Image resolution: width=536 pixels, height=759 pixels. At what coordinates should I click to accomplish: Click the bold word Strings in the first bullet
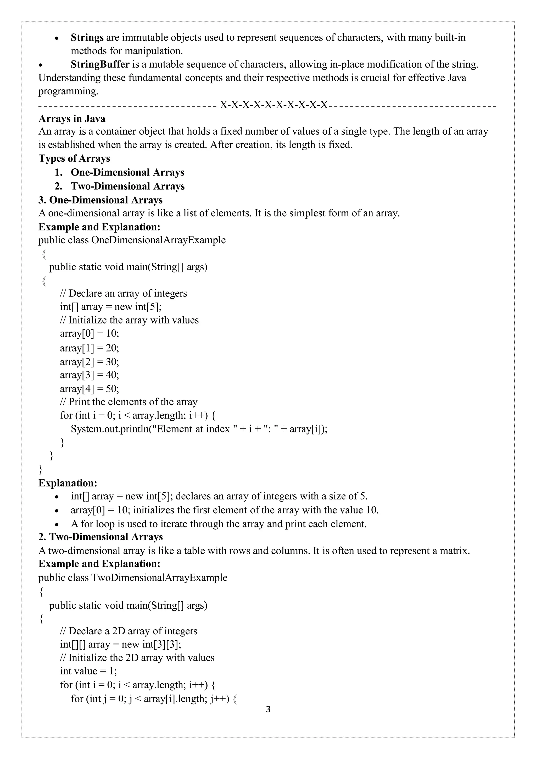tap(87, 38)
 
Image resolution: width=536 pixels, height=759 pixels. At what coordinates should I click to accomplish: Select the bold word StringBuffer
tap(100, 64)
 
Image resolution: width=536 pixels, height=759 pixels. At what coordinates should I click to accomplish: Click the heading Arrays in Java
tap(72, 118)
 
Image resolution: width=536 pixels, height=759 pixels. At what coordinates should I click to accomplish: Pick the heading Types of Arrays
tap(74, 158)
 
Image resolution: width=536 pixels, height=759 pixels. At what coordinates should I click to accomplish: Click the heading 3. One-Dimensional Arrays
tap(101, 200)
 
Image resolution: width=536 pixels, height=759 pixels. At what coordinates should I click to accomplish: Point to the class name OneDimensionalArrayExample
tap(158, 240)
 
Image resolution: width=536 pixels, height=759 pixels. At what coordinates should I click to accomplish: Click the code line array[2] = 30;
tap(90, 362)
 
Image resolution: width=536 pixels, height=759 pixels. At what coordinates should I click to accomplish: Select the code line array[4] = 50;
tap(90, 388)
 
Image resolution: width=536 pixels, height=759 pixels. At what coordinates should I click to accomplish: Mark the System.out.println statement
tap(199, 429)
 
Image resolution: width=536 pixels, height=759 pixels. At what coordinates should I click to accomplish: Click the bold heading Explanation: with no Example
tap(68, 483)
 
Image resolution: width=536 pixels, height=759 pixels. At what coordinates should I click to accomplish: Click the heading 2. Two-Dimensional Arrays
tap(101, 537)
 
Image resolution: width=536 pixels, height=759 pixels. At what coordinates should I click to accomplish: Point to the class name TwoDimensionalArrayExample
tap(159, 577)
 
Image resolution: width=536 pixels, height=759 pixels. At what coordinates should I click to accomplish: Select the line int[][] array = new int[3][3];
tap(121, 644)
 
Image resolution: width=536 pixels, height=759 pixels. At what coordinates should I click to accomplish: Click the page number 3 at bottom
tap(268, 709)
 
